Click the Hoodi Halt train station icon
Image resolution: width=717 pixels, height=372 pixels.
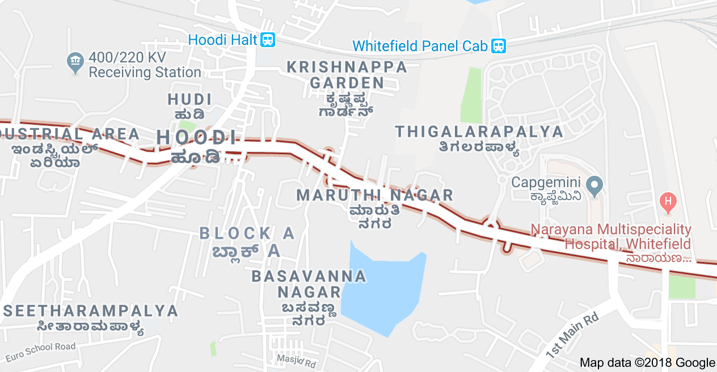point(268,40)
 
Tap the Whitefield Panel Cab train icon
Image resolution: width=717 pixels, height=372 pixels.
point(499,45)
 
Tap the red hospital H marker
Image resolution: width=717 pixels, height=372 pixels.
point(669,201)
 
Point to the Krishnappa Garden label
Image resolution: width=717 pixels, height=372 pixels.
point(347,75)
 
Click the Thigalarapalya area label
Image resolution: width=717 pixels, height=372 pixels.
point(479,132)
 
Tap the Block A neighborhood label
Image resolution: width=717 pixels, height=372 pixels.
point(247,233)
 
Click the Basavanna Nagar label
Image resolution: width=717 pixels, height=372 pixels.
point(309,284)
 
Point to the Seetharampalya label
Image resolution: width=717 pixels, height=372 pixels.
point(91,311)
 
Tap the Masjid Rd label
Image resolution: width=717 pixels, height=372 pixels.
point(296,360)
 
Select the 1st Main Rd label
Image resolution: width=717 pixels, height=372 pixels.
point(572,336)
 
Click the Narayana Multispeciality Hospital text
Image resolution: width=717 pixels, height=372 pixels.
point(611,237)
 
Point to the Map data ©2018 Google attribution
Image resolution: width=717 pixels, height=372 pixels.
point(647,362)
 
